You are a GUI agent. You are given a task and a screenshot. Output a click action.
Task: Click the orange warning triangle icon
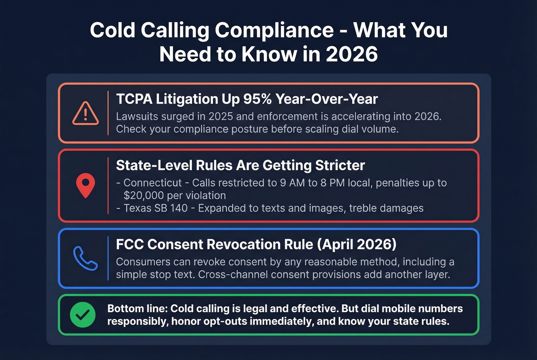pyautogui.click(x=86, y=113)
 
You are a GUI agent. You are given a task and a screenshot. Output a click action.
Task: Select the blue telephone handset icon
pyautogui.click(x=85, y=258)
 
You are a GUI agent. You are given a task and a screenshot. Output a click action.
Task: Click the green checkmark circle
pyautogui.click(x=83, y=315)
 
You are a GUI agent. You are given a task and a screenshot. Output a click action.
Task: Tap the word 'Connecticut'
pyautogui.click(x=153, y=183)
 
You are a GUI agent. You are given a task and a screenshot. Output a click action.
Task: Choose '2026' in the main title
pyautogui.click(x=352, y=54)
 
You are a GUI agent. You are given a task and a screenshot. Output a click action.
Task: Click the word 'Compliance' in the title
pyautogui.click(x=274, y=30)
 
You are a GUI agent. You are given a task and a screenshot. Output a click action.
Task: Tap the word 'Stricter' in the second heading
pyautogui.click(x=340, y=166)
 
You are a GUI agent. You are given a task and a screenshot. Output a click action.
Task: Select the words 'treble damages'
pyautogui.click(x=386, y=208)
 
